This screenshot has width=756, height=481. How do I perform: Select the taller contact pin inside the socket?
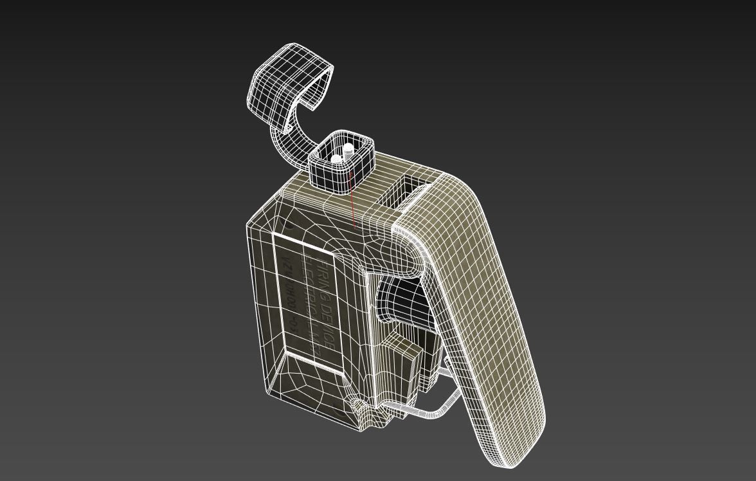348,151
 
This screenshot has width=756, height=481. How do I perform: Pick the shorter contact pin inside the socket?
336,158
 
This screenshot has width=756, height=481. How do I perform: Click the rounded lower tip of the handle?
514,450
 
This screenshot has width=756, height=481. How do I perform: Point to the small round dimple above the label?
289,224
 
